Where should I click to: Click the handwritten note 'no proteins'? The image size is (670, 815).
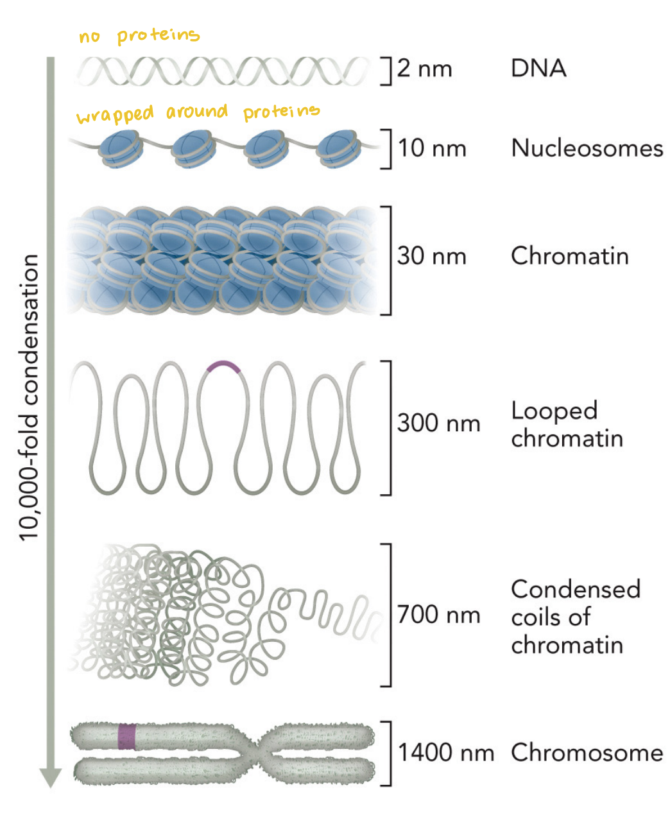click(x=139, y=36)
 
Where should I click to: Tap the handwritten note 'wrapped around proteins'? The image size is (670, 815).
click(x=198, y=114)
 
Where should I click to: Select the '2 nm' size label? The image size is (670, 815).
click(x=425, y=69)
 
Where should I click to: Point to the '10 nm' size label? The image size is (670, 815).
click(x=432, y=148)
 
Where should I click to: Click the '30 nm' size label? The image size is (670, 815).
click(x=432, y=256)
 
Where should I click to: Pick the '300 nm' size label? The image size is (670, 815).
click(x=438, y=424)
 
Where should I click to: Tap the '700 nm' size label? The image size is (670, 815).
click(x=438, y=615)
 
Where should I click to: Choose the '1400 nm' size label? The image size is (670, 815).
click(x=446, y=752)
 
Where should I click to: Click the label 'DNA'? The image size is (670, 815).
click(x=538, y=69)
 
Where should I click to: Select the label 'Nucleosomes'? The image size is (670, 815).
click(x=587, y=148)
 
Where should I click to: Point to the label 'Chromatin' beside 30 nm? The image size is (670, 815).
click(x=569, y=256)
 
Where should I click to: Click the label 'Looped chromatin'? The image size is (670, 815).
click(x=566, y=424)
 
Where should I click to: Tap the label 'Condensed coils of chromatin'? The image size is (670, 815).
click(x=575, y=616)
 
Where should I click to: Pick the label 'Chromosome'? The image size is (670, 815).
click(x=587, y=752)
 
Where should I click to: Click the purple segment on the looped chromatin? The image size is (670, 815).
click(x=223, y=366)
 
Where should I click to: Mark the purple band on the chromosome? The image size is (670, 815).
click(x=127, y=737)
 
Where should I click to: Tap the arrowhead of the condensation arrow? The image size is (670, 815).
click(x=51, y=777)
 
